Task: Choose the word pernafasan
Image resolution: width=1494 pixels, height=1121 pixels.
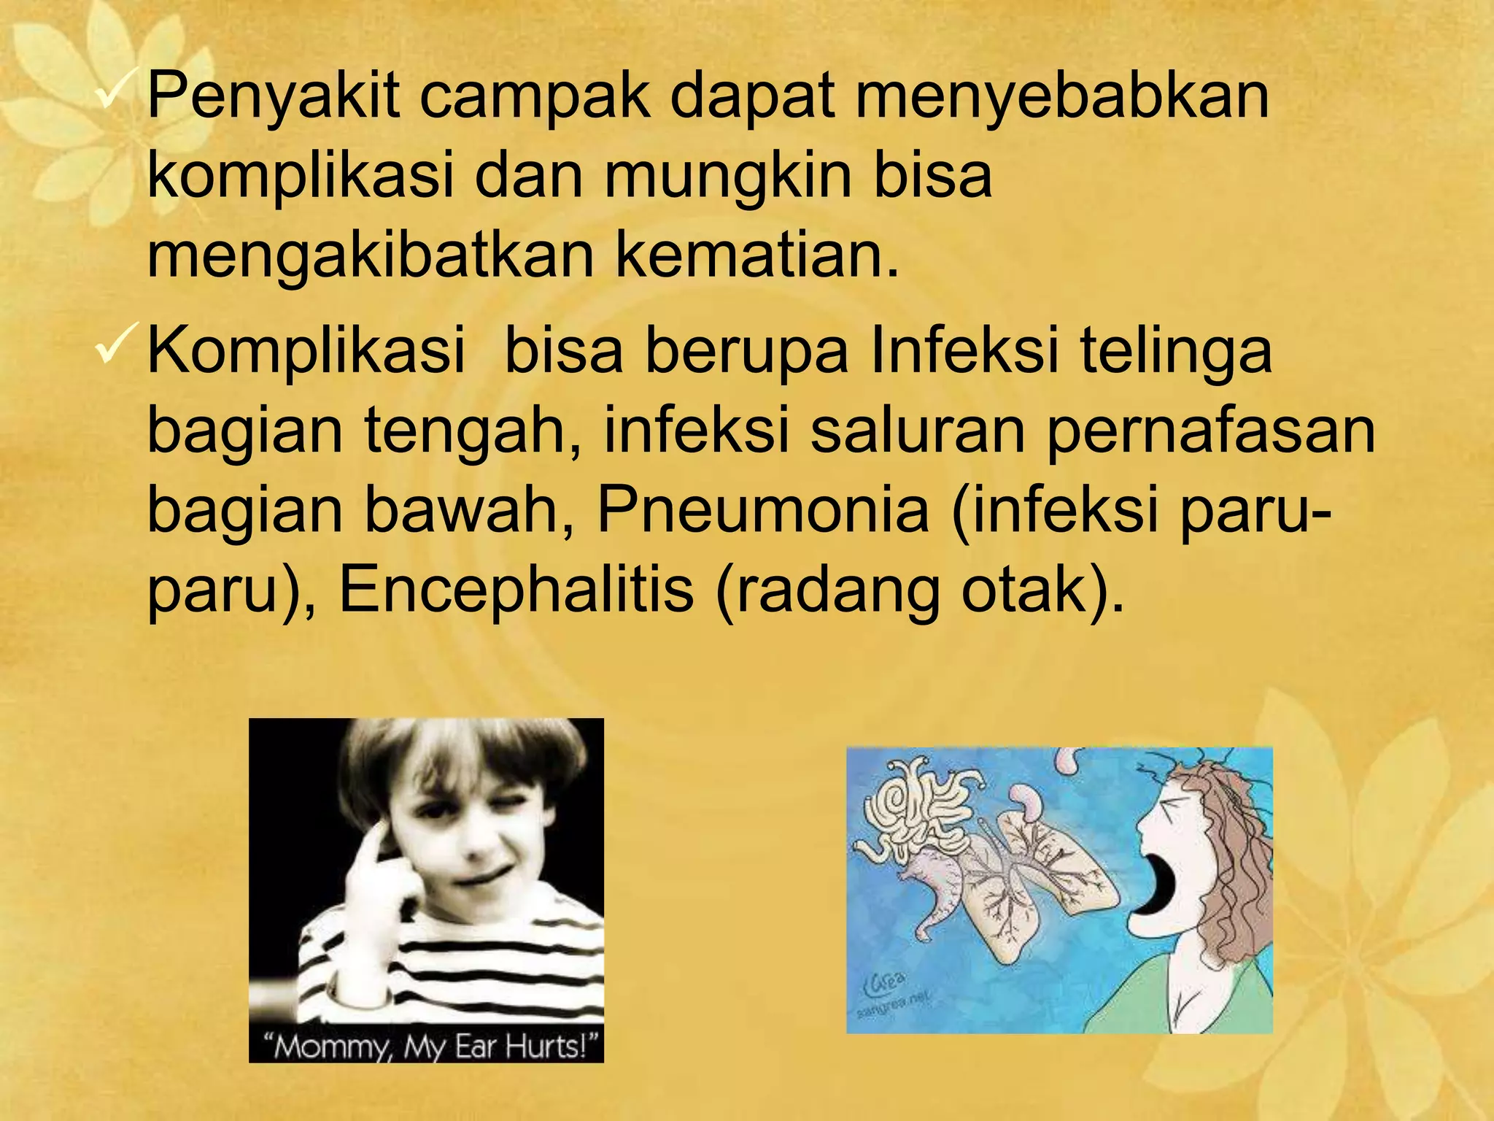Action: (x=1211, y=432)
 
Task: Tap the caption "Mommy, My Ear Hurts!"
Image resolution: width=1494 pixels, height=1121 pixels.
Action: (x=426, y=1047)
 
